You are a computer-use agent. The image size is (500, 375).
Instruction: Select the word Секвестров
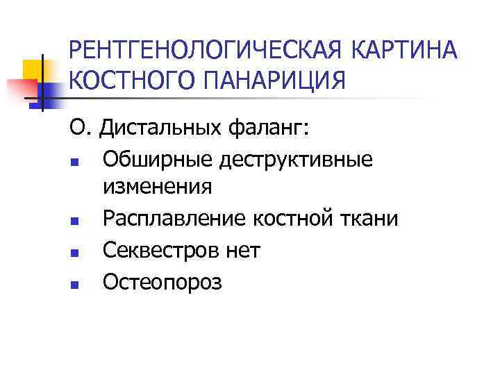tap(159, 249)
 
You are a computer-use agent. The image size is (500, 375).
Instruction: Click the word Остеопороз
tap(162, 281)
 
